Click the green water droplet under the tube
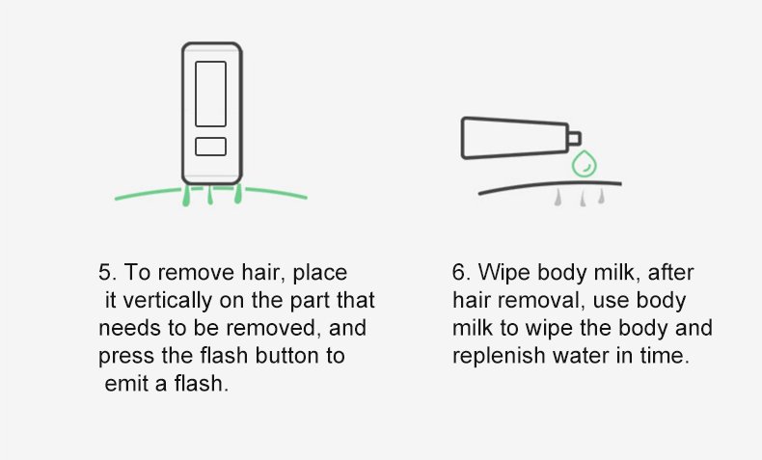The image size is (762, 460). point(585,164)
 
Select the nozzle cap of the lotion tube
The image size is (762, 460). point(574,139)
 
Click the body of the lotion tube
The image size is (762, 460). point(515,138)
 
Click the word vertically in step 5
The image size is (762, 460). point(167,301)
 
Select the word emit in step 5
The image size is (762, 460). point(126,384)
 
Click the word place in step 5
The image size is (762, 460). point(320,273)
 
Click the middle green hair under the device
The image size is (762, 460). point(210,195)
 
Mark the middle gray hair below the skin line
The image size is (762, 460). point(583,199)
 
